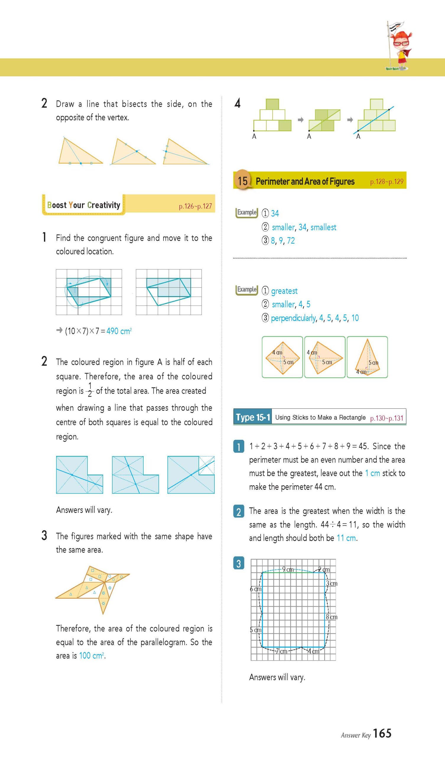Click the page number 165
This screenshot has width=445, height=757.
pyautogui.click(x=382, y=733)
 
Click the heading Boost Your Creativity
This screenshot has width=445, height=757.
pyautogui.click(x=84, y=205)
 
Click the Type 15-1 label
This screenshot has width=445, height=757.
pyautogui.click(x=253, y=417)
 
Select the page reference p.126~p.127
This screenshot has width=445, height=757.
pyautogui.click(x=195, y=206)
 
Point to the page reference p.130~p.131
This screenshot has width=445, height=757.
pyautogui.click(x=386, y=418)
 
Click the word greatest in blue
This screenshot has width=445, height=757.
pyautogui.click(x=284, y=291)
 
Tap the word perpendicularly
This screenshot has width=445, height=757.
pyautogui.click(x=293, y=318)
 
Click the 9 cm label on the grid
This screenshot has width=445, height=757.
pyautogui.click(x=288, y=569)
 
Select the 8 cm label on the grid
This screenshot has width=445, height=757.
pyautogui.click(x=332, y=617)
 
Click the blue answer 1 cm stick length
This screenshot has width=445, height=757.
pyautogui.click(x=372, y=473)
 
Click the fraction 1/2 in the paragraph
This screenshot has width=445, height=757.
pyautogui.click(x=90, y=390)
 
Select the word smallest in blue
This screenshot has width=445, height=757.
pyautogui.click(x=323, y=227)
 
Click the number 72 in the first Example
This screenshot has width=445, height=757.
pyautogui.click(x=291, y=241)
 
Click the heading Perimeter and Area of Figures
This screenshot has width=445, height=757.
pyautogui.click(x=305, y=182)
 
